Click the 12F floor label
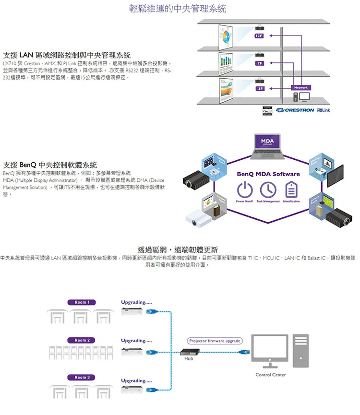pos(259,36)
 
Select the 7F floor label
pos(259,63)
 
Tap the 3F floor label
pos(260,89)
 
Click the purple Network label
pos(301,87)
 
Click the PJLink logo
pos(324,110)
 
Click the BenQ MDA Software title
pos(268,174)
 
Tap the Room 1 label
pos(82,302)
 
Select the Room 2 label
pos(82,340)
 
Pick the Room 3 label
pos(82,377)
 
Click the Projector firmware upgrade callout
pos(215,341)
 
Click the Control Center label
pos(271,374)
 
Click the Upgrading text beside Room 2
pos(136,341)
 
